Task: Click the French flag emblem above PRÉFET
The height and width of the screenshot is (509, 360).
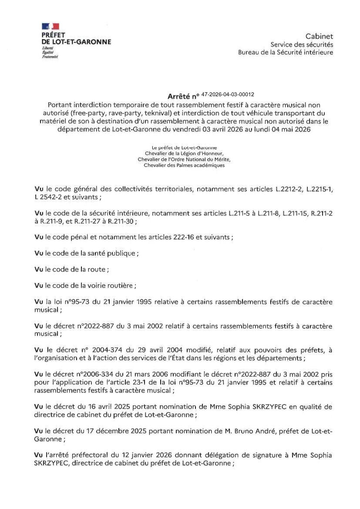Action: (50, 27)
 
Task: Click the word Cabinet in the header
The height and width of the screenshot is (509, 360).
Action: (319, 37)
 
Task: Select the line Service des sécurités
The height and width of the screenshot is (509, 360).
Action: (302, 44)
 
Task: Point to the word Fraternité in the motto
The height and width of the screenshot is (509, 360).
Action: (50, 57)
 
